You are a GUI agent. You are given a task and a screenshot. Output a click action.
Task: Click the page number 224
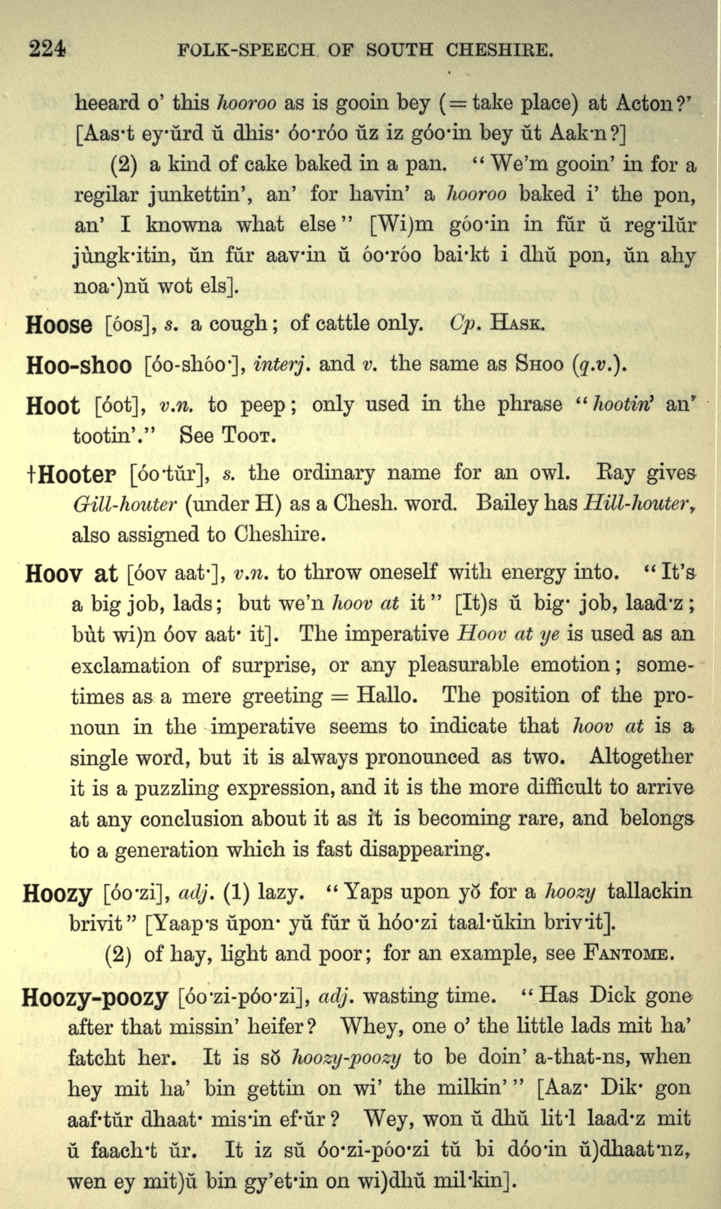click(x=48, y=50)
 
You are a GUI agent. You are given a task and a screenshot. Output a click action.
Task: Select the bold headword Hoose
click(x=59, y=325)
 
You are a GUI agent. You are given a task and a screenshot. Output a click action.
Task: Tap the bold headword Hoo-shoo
click(x=79, y=366)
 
